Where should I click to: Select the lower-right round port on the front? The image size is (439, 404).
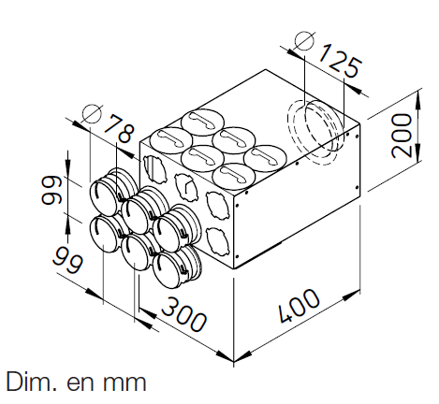tap(171, 267)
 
